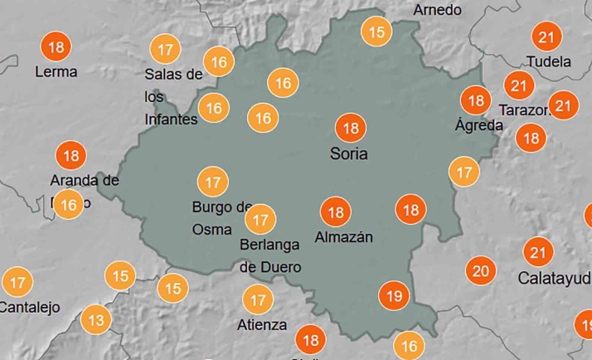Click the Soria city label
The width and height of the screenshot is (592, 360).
point(348,154)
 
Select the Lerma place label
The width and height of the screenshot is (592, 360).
point(56,71)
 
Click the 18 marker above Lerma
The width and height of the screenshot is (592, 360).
point(56,46)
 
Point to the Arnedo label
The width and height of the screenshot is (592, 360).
point(437,10)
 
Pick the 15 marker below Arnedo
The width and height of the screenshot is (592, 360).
point(377,33)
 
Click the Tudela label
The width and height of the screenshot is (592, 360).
point(548,61)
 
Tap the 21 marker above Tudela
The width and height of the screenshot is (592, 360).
point(546,37)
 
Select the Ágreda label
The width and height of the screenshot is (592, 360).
point(479,125)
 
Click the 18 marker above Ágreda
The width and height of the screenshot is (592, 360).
point(476,101)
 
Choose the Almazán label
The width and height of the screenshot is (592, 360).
point(344,237)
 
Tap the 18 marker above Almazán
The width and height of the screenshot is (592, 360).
point(336,213)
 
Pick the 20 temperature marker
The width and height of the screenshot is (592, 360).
point(479,270)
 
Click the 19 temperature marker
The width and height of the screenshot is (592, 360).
point(394,295)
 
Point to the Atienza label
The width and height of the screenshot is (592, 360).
point(263,324)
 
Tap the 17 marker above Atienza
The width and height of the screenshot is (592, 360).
point(258,299)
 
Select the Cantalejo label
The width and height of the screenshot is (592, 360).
point(30,307)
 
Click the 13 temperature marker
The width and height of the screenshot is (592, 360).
point(96,319)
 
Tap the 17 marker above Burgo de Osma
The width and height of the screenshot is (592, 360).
point(212,181)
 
